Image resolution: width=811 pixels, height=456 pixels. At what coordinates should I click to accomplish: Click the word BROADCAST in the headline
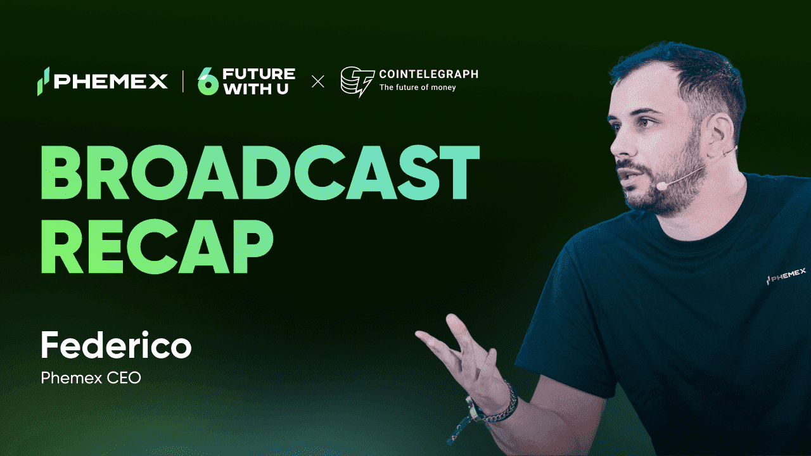(260, 173)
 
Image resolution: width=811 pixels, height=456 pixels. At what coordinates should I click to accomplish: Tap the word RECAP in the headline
(156, 246)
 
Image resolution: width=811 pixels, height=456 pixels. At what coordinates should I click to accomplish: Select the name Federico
(116, 345)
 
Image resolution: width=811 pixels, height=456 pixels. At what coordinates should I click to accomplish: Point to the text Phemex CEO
(91, 378)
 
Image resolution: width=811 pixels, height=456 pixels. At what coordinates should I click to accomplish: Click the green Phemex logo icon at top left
(43, 81)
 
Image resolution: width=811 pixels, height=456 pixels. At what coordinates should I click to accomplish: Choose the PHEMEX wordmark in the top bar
(111, 81)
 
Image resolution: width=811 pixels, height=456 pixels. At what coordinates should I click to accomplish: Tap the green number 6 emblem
(208, 81)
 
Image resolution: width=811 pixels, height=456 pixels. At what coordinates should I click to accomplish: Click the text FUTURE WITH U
(259, 81)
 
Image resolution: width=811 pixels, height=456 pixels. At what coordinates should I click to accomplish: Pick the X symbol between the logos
(318, 82)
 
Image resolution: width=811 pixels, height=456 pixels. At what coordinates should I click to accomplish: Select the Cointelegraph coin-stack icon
(357, 82)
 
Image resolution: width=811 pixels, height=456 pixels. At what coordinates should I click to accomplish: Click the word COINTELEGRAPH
(429, 74)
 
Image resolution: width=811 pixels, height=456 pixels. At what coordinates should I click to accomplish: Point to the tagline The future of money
(418, 87)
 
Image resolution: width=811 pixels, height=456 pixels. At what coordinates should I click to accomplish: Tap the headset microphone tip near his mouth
(662, 186)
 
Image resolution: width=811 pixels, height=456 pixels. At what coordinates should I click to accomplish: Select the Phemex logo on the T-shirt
(786, 277)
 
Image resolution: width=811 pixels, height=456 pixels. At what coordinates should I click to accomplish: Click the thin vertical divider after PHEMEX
(183, 82)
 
